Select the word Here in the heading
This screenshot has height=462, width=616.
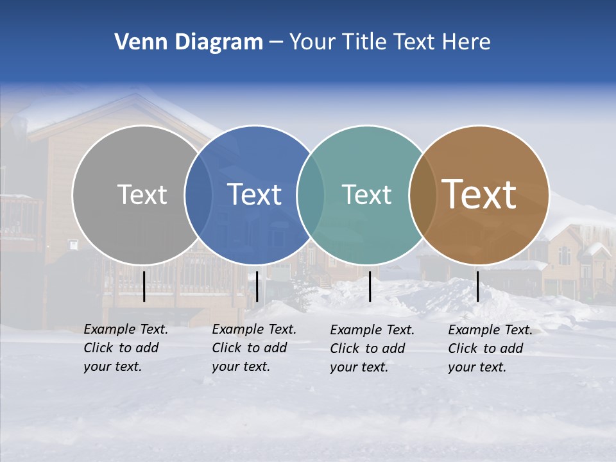466,42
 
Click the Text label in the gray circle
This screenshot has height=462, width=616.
142,194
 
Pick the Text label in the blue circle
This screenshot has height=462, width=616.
254,194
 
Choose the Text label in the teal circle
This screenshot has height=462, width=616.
366,194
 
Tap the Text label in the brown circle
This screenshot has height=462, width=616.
479,194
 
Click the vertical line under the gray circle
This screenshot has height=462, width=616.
144,286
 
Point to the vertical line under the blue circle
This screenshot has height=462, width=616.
257,286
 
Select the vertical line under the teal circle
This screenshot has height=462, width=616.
370,286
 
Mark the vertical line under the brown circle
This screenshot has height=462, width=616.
477,286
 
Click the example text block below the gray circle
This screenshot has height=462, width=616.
125,348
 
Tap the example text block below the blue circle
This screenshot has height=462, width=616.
253,348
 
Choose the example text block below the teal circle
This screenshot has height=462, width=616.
372,348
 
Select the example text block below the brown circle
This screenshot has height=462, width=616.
490,348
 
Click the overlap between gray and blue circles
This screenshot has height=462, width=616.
198,194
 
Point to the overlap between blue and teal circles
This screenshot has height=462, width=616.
311,194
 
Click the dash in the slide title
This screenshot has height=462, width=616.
276,43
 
